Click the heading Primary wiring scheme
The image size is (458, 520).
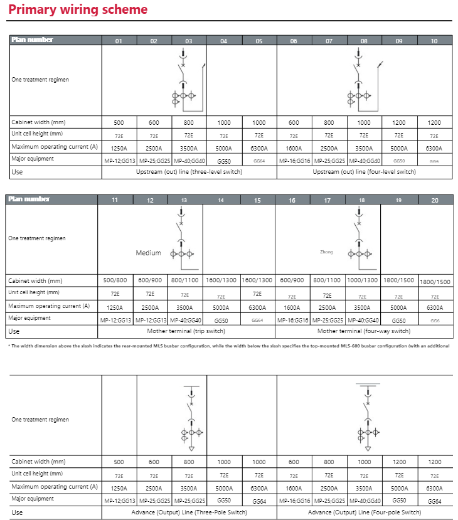78,10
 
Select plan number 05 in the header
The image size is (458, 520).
259,41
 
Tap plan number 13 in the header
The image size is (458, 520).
184,200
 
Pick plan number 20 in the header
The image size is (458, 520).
434,200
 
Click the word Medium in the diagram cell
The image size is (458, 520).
148,253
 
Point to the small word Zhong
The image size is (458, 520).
326,252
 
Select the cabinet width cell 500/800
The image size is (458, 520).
115,280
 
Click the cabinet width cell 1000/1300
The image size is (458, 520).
363,280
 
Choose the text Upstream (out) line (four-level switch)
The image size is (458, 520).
364,171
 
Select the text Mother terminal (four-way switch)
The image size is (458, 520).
364,331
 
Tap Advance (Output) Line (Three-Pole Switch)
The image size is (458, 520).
189,512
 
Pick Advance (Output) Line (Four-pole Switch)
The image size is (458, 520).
364,512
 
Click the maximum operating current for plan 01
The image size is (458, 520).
119,148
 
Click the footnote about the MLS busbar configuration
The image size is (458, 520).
228,346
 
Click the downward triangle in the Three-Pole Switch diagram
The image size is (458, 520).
192,449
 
